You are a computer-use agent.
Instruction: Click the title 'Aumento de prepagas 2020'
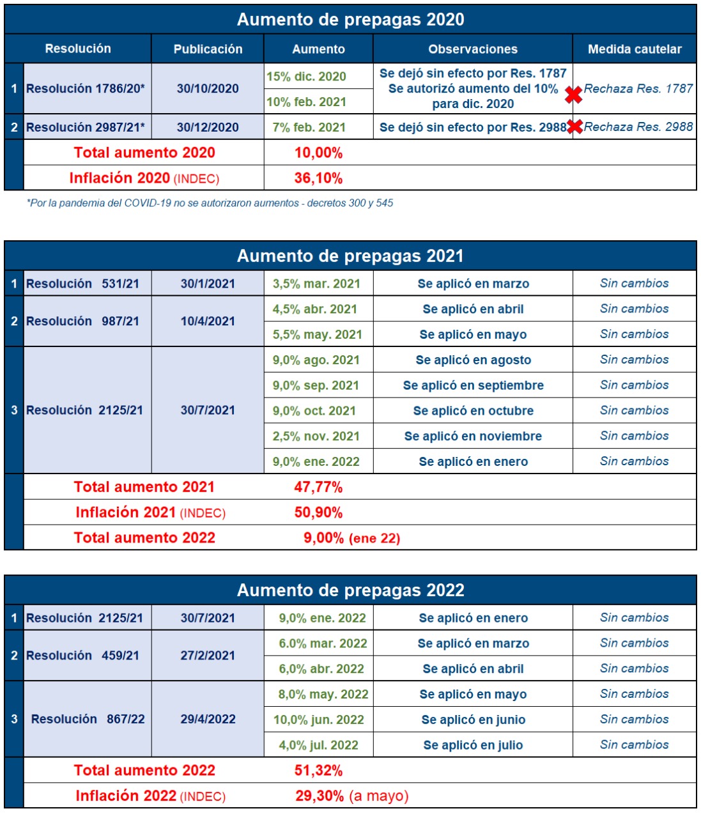tap(350, 20)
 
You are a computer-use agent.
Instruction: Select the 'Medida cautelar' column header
tap(635, 49)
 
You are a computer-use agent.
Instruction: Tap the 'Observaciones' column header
tap(472, 49)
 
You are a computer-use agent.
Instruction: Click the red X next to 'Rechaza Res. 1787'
tap(574, 95)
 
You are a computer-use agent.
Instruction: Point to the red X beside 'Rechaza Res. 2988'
tap(575, 127)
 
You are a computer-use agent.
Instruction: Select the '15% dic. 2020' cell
tap(306, 77)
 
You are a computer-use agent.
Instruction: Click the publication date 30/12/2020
tap(208, 127)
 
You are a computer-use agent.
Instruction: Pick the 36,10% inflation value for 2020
tap(318, 178)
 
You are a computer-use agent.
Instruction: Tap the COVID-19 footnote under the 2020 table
tap(210, 203)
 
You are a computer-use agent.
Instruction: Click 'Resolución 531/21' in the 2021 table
tap(82, 284)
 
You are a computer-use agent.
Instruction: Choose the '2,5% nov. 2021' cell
tap(316, 436)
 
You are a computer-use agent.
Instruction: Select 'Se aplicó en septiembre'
tap(473, 385)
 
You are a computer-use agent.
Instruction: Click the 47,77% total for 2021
tap(318, 487)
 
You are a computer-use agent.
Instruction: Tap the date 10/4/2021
tap(208, 321)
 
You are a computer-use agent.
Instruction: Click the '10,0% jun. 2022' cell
tap(319, 720)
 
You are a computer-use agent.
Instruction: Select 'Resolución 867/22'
tap(88, 719)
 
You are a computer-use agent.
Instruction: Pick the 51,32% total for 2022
tap(318, 771)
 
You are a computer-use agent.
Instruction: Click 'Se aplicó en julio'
tap(473, 745)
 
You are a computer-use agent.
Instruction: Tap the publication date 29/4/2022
tap(208, 719)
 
